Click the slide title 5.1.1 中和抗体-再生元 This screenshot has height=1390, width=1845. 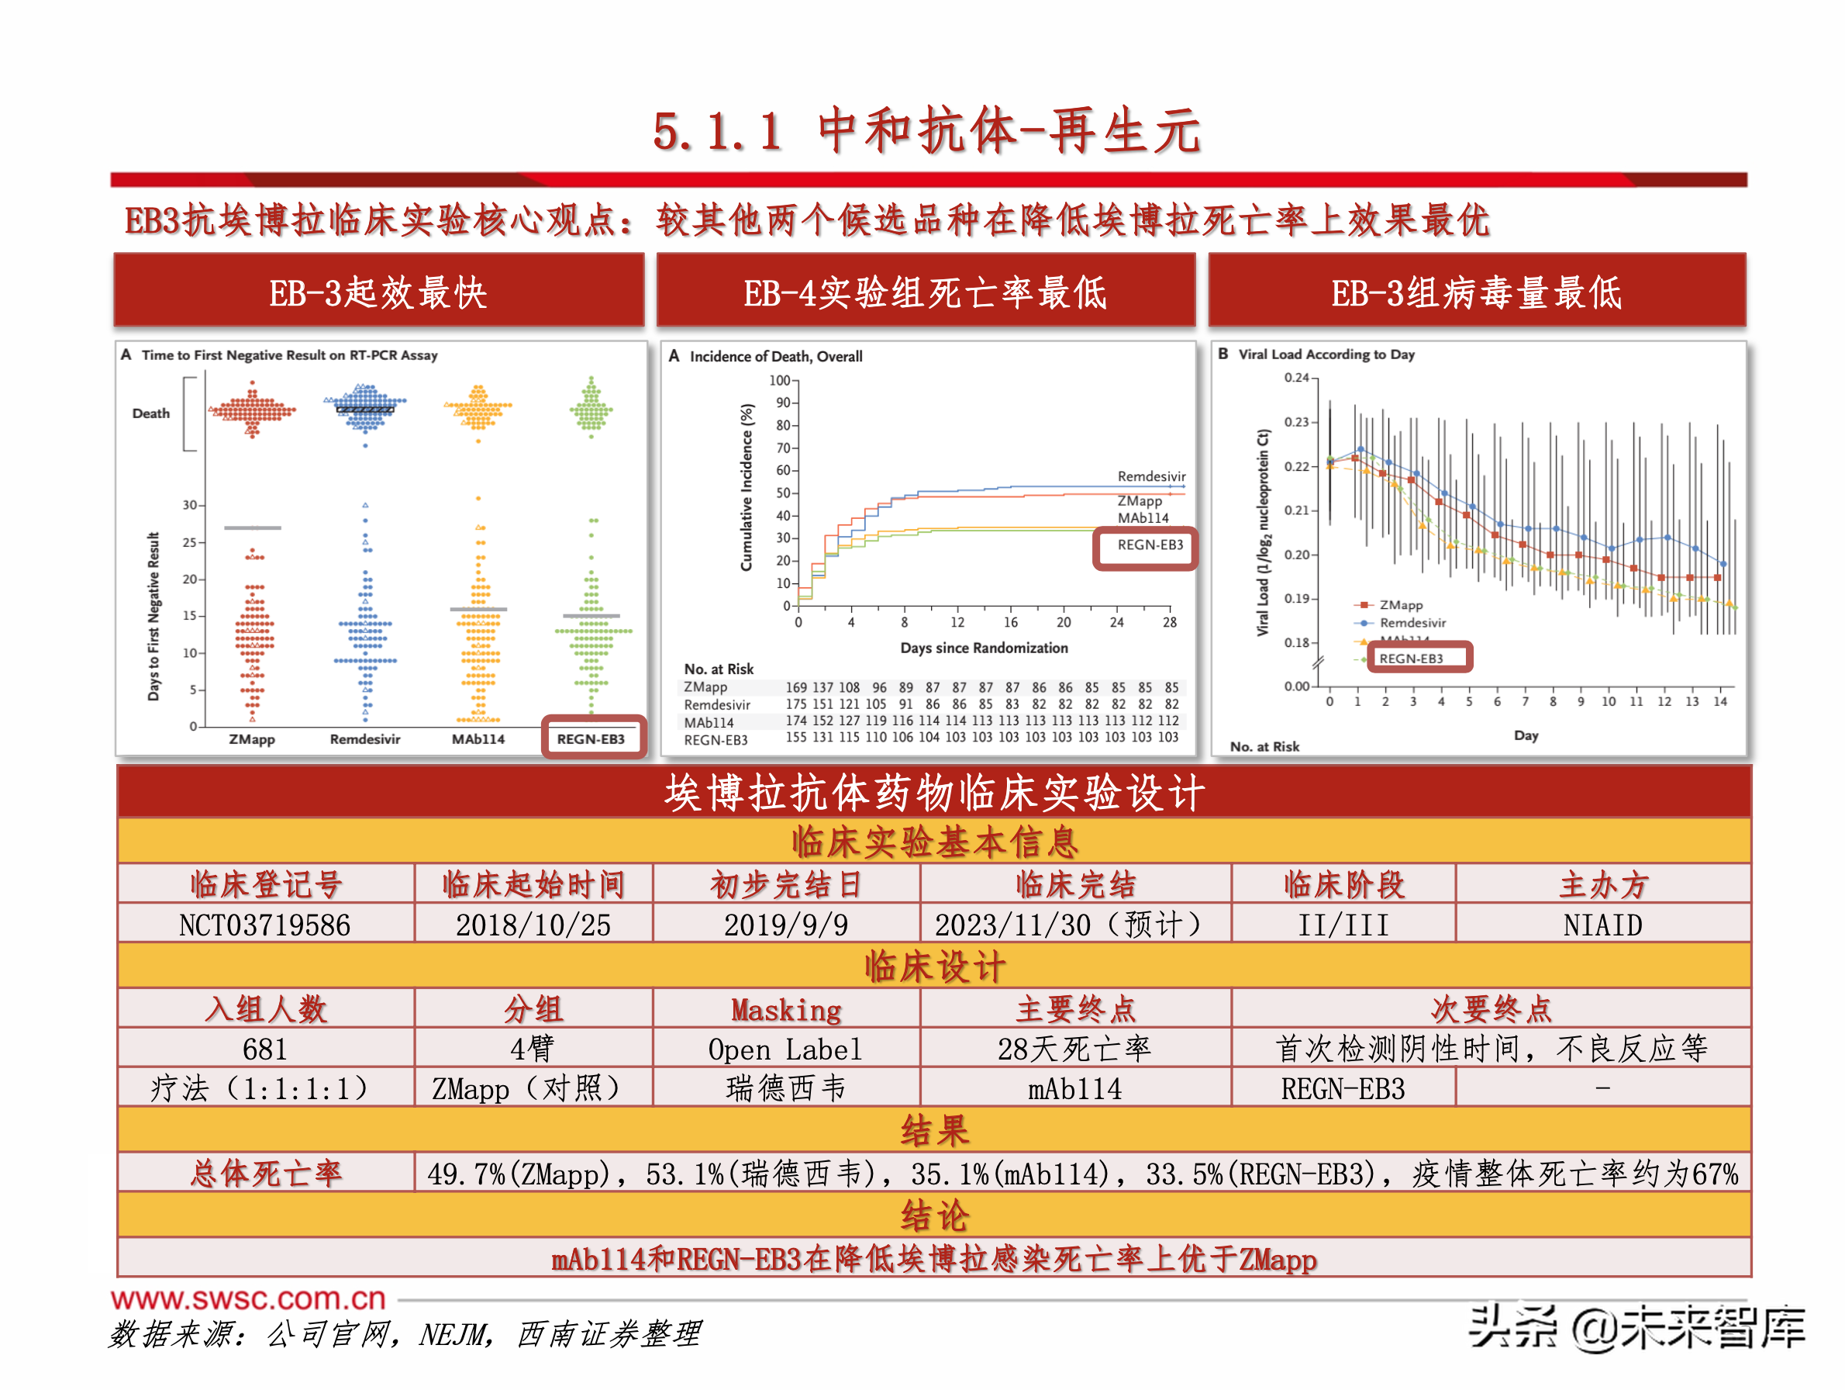pos(926,131)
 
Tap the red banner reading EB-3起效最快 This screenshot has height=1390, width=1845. pos(378,292)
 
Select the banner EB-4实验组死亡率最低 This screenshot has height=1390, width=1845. pos(925,292)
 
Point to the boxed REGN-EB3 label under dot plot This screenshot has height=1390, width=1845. pos(591,738)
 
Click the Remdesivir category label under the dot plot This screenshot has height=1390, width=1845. pos(364,739)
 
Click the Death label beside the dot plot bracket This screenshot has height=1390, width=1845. pos(150,413)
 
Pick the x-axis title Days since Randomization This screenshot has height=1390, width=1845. pos(984,648)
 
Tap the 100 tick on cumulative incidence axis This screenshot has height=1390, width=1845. pos(779,380)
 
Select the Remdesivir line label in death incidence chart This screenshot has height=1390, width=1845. pos(1150,475)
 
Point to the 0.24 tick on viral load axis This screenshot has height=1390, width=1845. pos(1296,378)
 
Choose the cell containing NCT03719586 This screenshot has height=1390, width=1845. pos(264,925)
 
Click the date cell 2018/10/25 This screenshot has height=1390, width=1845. pos(533,925)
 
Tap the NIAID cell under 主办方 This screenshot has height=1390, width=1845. pos(1602,925)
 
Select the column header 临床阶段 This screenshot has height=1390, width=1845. pos(1343,884)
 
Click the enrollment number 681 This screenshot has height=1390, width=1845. pos(264,1049)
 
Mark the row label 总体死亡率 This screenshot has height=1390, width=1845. pos(264,1173)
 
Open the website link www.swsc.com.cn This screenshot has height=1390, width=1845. pos(248,1298)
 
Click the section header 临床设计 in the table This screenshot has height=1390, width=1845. pos(933,966)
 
